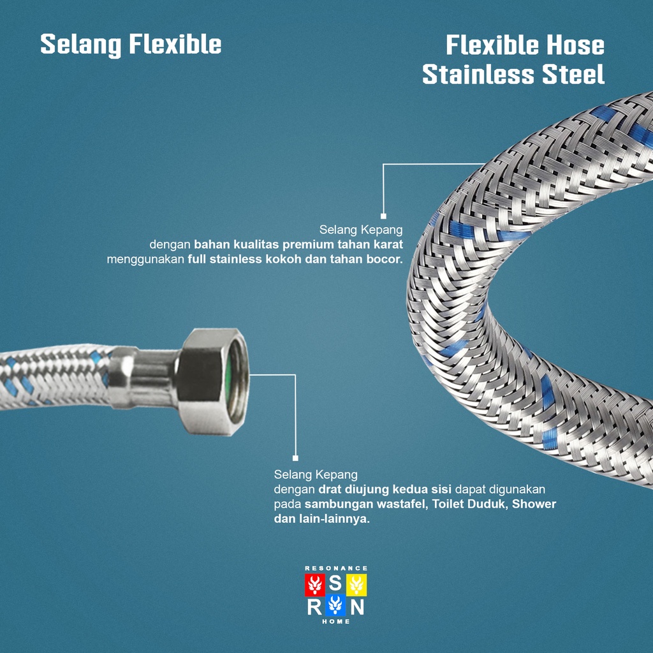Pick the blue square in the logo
[336, 605]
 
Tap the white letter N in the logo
[357, 606]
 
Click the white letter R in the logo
[314, 606]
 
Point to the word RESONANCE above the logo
[336, 568]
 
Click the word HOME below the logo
[336, 622]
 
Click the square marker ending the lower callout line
[295, 458]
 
